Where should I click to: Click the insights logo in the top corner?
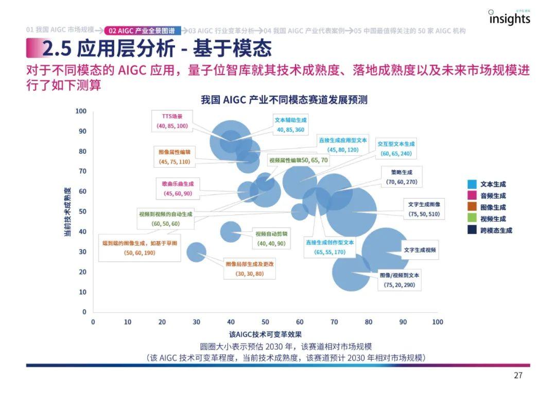pyautogui.click(x=509, y=18)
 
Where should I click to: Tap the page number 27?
pyautogui.click(x=518, y=376)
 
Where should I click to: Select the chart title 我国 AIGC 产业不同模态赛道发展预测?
pyautogui.click(x=284, y=100)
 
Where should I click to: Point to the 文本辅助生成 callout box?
pyautogui.click(x=290, y=124)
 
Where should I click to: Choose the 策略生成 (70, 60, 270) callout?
pyautogui.click(x=401, y=176)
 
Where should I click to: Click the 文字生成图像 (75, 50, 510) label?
pyautogui.click(x=424, y=209)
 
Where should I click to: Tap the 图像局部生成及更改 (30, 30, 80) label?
pyautogui.click(x=250, y=269)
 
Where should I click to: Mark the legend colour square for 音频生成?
pyautogui.click(x=472, y=195)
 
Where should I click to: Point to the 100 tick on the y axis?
pyautogui.click(x=81, y=111)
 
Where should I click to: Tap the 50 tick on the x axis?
pyautogui.click(x=265, y=322)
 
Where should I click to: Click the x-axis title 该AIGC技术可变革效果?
pyautogui.click(x=265, y=334)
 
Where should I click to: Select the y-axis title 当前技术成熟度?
pyautogui.click(x=67, y=211)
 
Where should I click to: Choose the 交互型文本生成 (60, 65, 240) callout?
pyautogui.click(x=395, y=149)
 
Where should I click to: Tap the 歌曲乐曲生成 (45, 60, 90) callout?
pyautogui.click(x=178, y=188)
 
